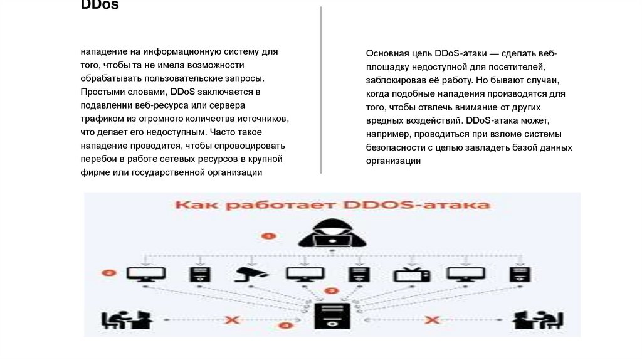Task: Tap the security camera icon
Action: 251,273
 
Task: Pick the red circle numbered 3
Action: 332,291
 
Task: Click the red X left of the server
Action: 232,320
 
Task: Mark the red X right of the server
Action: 431,320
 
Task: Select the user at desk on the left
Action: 125,320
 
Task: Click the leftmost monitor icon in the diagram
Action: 146,273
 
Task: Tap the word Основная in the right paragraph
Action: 386,54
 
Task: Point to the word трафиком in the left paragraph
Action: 100,119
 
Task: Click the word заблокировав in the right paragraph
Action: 396,81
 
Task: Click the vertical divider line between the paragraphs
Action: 321,88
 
